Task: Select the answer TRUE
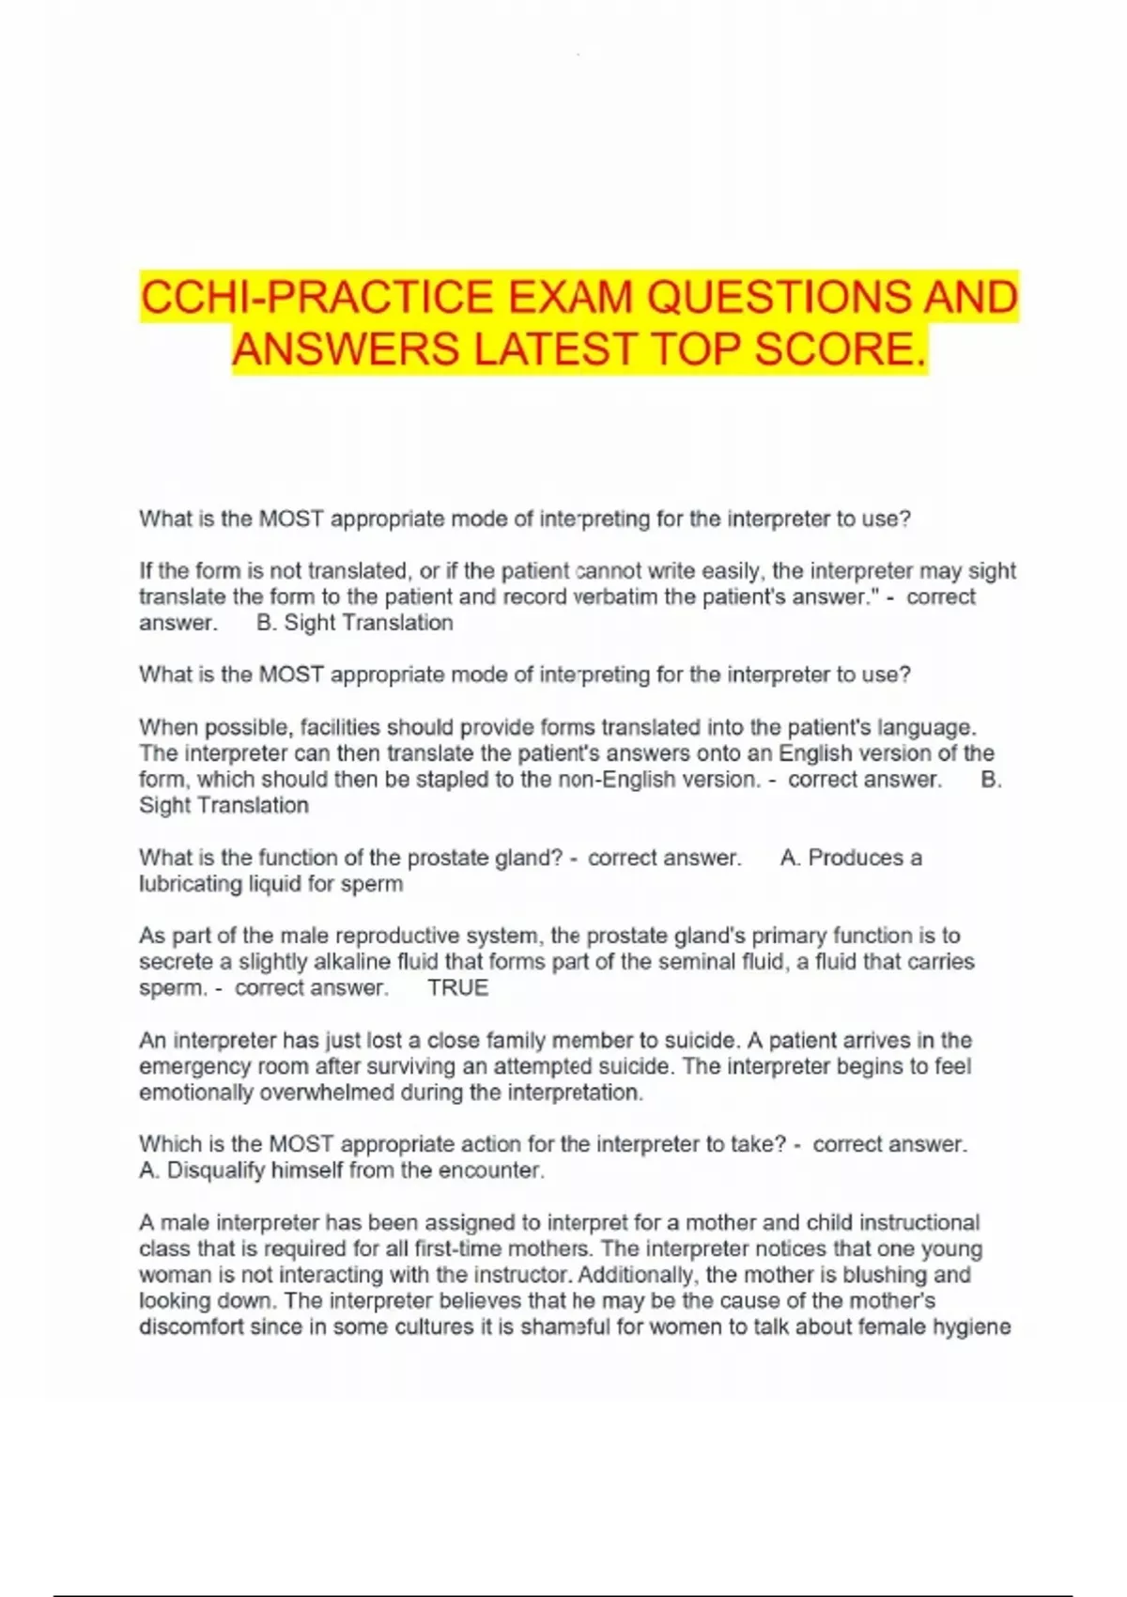pos(457,987)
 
